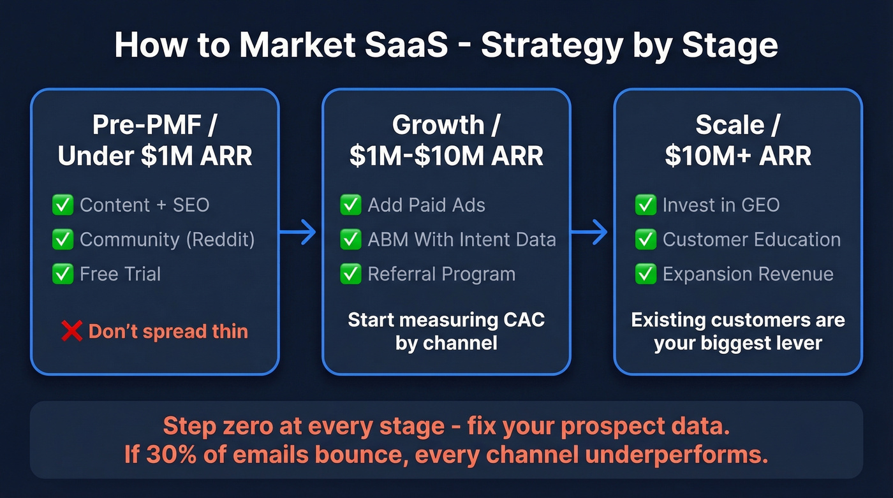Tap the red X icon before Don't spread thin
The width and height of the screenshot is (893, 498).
[71, 332]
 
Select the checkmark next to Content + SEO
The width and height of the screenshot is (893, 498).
[63, 205]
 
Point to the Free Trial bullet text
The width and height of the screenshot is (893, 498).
[120, 274]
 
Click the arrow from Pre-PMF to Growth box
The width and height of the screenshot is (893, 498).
[299, 233]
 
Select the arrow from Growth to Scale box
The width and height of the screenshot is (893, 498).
[589, 233]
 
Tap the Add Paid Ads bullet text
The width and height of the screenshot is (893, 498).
[426, 205]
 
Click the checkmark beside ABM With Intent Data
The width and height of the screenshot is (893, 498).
[350, 240]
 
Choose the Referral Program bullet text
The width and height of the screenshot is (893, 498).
[441, 274]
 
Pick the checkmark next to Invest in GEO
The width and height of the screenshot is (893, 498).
[646, 205]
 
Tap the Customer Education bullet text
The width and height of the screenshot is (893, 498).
[751, 240]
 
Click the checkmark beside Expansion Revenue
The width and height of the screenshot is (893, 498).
[646, 274]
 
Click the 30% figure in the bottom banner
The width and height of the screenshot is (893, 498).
[168, 455]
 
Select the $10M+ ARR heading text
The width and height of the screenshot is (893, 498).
[738, 156]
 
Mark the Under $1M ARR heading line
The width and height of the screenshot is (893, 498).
[155, 156]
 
